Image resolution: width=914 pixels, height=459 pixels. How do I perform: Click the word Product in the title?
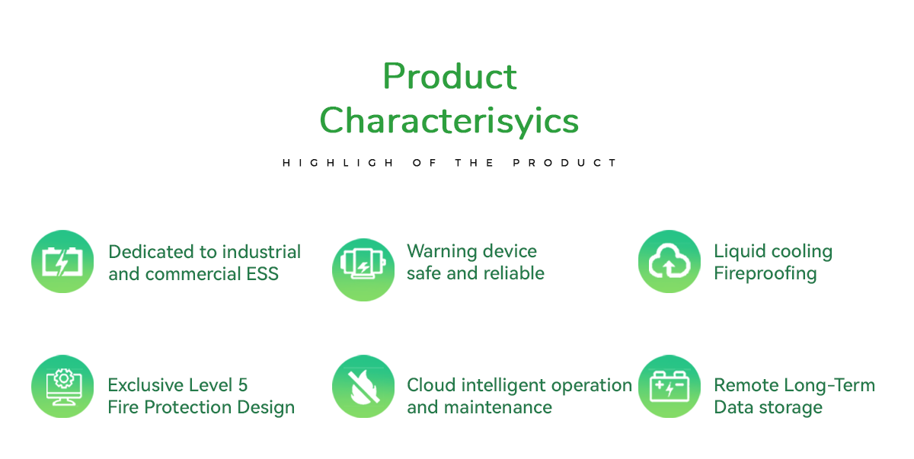(x=449, y=76)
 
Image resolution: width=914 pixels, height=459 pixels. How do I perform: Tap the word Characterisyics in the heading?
(x=449, y=121)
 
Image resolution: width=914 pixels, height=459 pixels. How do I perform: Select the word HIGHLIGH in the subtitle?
(x=338, y=163)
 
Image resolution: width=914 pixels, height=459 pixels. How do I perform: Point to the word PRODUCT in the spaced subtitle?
(x=564, y=163)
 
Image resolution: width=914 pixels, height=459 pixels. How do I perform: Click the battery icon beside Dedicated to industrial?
(x=62, y=261)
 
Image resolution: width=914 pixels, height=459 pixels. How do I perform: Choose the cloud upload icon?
(x=670, y=261)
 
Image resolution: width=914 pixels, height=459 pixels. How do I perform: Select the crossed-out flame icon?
(x=363, y=386)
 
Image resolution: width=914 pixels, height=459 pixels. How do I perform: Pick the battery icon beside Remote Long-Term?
(x=670, y=386)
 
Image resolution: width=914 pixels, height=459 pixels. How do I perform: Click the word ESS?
(x=262, y=274)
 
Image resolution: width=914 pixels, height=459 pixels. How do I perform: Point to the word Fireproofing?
(x=765, y=274)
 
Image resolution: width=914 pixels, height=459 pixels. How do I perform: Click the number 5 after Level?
(x=243, y=386)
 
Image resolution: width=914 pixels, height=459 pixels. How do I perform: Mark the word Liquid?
(x=740, y=252)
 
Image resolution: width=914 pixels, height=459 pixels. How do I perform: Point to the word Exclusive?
(x=142, y=385)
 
